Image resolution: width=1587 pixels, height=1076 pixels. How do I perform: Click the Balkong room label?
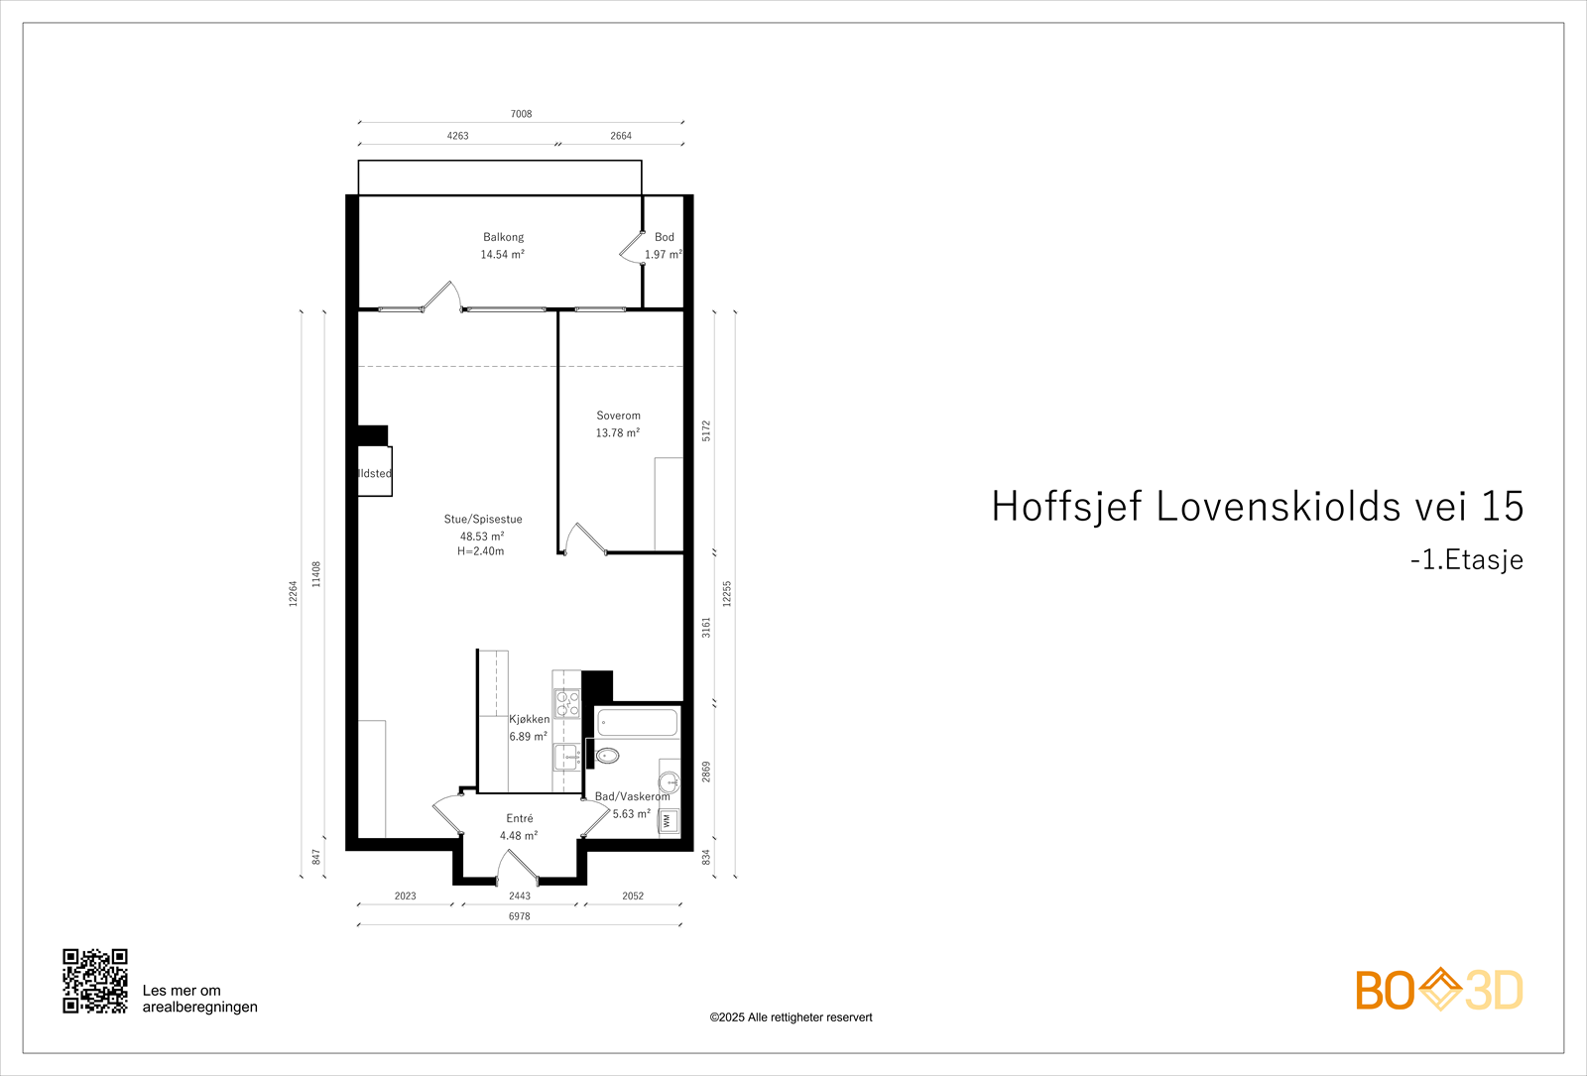tap(503, 237)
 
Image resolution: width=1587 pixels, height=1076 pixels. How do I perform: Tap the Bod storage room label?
tap(664, 237)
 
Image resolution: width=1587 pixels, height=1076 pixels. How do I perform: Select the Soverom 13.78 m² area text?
tap(617, 433)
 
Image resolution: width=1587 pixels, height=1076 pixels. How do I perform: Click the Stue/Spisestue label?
tap(483, 519)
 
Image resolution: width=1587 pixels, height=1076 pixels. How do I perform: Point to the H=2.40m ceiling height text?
tap(480, 551)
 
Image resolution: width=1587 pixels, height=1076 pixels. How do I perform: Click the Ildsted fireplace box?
tap(375, 473)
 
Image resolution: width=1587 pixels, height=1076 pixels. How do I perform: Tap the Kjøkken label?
tap(529, 719)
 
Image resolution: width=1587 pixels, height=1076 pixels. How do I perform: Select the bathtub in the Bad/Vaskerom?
tap(638, 722)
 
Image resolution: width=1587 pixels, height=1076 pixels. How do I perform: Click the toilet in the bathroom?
tap(607, 756)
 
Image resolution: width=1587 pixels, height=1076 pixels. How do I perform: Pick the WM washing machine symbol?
tap(668, 821)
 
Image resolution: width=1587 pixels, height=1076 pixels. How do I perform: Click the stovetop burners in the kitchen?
tap(567, 704)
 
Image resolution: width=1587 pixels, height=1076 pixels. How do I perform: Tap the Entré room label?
tap(519, 818)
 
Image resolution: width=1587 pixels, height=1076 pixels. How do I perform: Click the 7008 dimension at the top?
tap(521, 114)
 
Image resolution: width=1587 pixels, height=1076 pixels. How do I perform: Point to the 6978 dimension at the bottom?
tap(519, 916)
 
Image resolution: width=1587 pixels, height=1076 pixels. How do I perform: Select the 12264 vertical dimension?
tap(293, 594)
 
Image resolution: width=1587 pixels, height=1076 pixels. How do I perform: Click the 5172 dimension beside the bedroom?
tap(706, 430)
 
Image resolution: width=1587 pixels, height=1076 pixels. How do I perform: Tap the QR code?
tap(95, 981)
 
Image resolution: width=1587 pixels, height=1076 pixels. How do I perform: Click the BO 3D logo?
tap(1438, 990)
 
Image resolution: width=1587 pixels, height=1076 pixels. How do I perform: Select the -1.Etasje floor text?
tap(1466, 559)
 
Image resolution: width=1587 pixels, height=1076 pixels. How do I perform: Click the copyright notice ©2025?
tap(791, 1017)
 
